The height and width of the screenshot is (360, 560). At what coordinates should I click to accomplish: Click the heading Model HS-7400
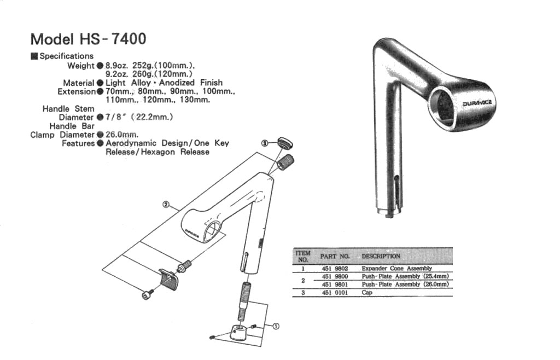tap(88, 39)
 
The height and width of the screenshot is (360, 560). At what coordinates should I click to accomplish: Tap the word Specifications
tap(66, 56)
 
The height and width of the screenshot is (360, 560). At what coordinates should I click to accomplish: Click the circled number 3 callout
tap(265, 143)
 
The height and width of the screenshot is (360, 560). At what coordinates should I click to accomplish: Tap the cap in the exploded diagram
tap(285, 143)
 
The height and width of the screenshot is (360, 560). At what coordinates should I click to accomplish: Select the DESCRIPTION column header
tap(381, 256)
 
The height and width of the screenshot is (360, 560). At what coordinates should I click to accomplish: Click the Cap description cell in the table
tap(366, 293)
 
